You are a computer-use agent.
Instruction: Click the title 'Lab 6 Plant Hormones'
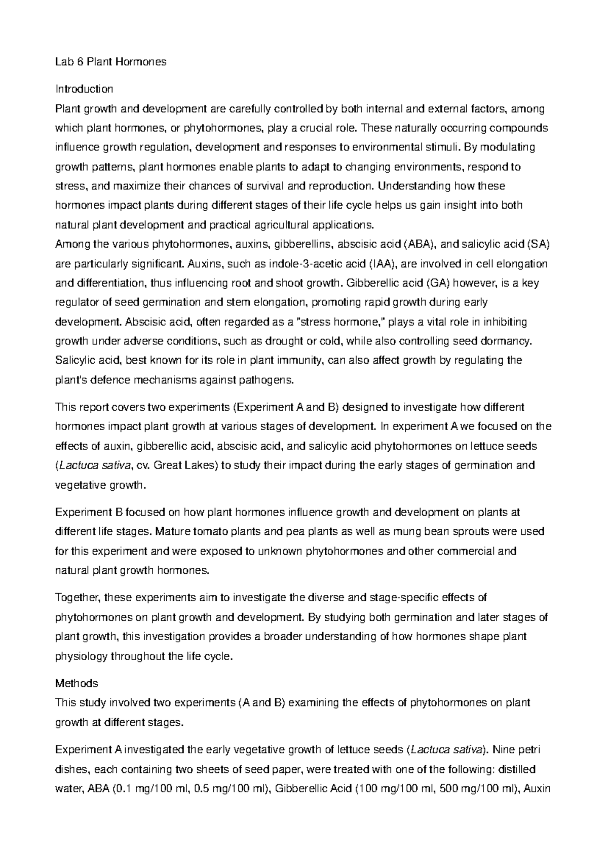pos(110,62)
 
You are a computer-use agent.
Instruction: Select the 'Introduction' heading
pos(84,89)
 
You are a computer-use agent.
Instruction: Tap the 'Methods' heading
pos(76,683)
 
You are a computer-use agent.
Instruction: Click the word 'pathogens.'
pos(268,380)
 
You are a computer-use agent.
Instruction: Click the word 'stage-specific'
pos(403,598)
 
